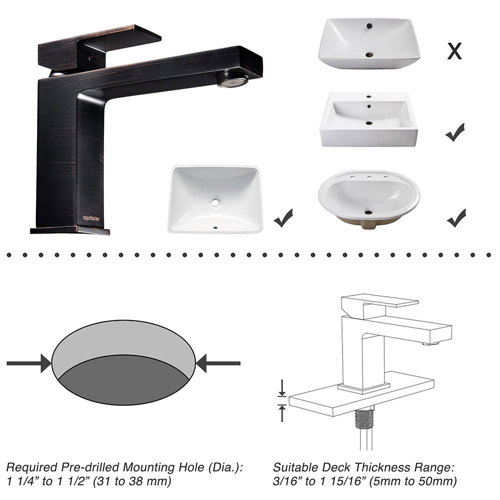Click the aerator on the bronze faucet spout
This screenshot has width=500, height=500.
(232, 80)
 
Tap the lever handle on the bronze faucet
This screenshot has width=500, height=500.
(100, 42)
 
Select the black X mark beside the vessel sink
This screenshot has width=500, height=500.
(454, 51)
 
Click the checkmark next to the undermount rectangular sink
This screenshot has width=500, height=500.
(283, 218)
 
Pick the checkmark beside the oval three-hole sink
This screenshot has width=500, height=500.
(456, 218)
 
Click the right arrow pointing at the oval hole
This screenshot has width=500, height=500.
(218, 363)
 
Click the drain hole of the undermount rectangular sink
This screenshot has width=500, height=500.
(215, 202)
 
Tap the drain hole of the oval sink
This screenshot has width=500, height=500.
(368, 212)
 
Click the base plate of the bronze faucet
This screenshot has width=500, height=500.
(70, 230)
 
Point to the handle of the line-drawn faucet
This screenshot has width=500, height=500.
(380, 301)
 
